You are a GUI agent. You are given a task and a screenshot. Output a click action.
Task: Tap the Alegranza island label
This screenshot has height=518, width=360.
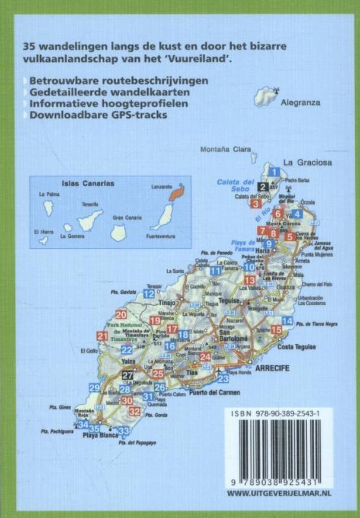click(x=300, y=102)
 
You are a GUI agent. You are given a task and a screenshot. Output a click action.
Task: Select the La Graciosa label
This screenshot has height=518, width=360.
click(x=305, y=162)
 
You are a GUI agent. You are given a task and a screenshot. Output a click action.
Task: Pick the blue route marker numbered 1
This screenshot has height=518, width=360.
click(x=274, y=172)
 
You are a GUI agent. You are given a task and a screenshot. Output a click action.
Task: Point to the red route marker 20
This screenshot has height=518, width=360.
click(x=122, y=315)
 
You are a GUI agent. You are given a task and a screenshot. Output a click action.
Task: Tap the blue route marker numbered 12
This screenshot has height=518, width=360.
click(x=149, y=293)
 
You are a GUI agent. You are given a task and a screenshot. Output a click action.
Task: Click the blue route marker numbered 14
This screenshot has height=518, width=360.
click(x=288, y=321)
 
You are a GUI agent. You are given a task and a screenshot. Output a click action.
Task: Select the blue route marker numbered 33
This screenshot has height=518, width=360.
click(x=123, y=431)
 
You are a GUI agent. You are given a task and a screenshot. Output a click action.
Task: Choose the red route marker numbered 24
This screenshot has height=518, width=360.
click(x=205, y=357)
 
